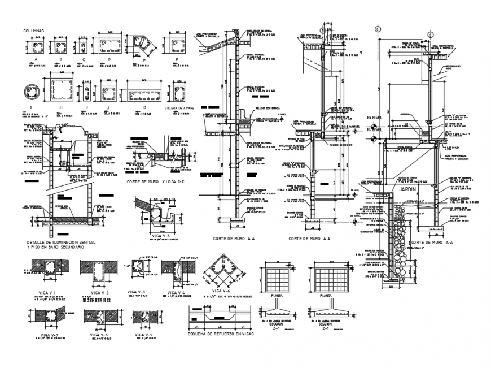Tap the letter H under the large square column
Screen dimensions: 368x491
point(60,106)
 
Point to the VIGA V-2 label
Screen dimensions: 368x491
point(100,292)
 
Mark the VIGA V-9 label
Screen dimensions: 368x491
point(144,335)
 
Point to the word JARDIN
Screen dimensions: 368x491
point(409,190)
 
